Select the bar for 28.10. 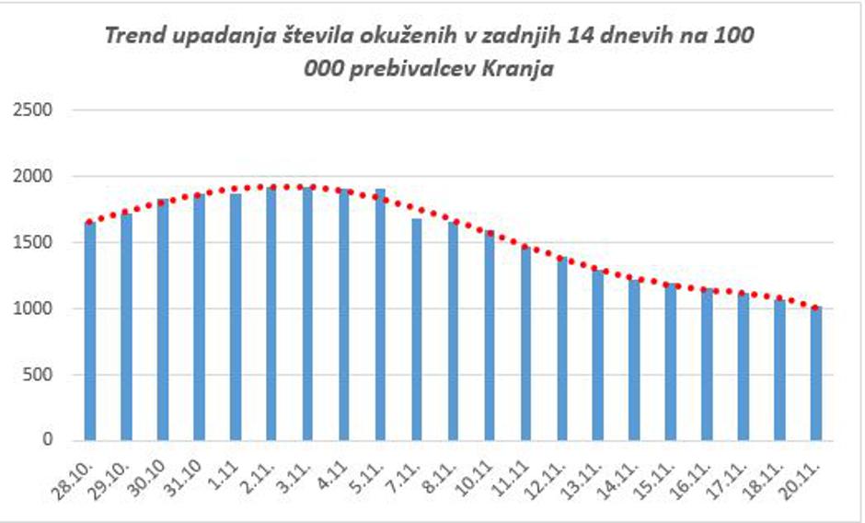click(89, 331)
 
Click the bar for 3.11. click(307, 314)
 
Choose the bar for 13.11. click(598, 355)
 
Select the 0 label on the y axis click(49, 441)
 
